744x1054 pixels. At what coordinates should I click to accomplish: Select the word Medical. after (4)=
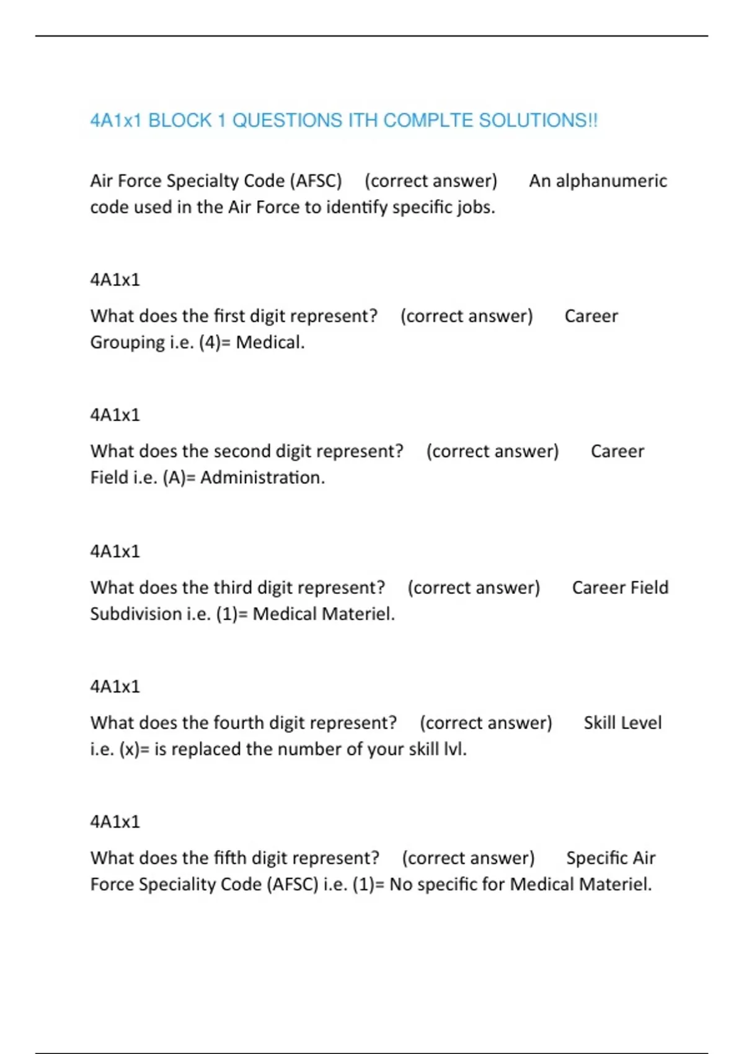(270, 342)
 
